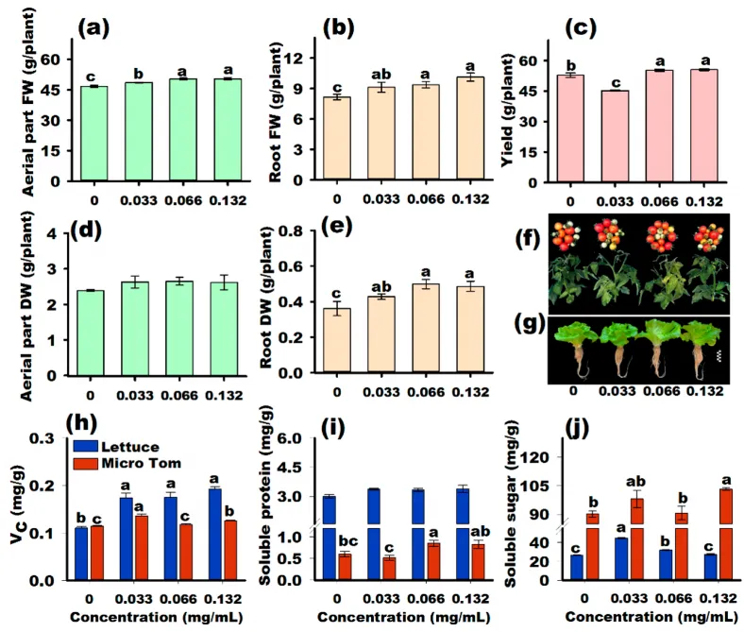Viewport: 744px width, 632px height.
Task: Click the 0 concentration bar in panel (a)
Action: (x=94, y=133)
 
